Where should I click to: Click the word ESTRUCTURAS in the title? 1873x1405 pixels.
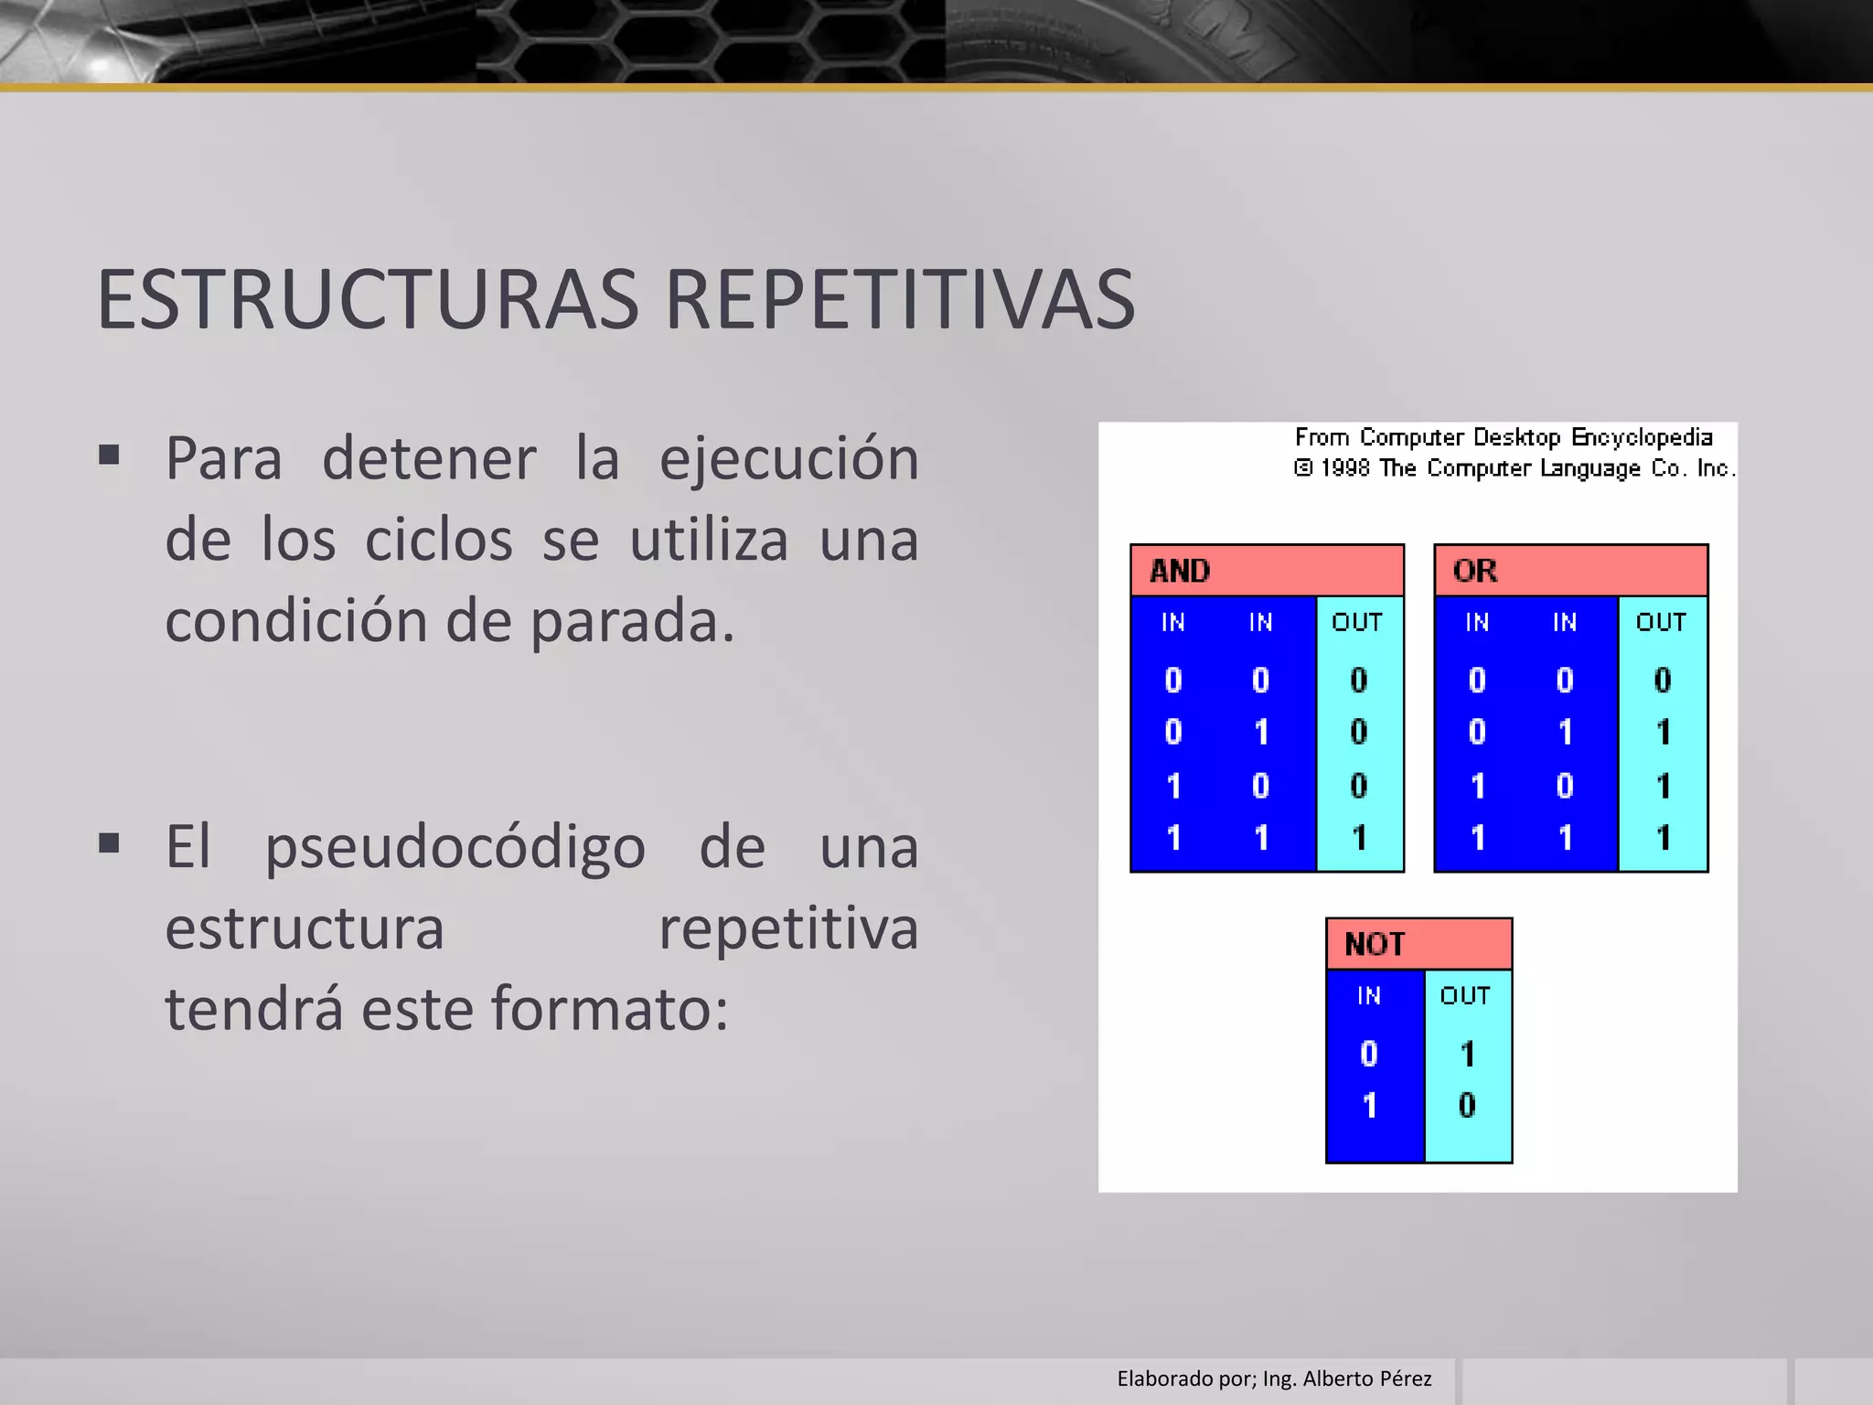click(368, 300)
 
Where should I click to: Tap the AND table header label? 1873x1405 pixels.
click(1180, 571)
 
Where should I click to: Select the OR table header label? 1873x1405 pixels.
click(1474, 571)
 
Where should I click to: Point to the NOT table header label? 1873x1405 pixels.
click(1374, 944)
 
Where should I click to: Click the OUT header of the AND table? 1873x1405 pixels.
click(1357, 622)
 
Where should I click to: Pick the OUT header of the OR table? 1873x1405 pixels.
click(1661, 622)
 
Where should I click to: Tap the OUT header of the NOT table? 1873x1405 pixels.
click(1465, 995)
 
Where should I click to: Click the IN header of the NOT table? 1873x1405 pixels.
click(1369, 995)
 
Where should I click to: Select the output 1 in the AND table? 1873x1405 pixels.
click(1359, 838)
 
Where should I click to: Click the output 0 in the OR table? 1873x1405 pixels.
click(1663, 680)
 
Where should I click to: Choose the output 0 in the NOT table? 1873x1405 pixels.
click(1467, 1105)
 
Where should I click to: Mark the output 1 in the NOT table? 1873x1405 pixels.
click(1467, 1054)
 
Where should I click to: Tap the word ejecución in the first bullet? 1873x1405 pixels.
click(789, 459)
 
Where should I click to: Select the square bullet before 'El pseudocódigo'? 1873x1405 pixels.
click(110, 842)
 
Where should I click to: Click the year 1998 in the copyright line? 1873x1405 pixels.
click(1345, 468)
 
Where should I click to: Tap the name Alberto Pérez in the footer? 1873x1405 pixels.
click(1367, 1378)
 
